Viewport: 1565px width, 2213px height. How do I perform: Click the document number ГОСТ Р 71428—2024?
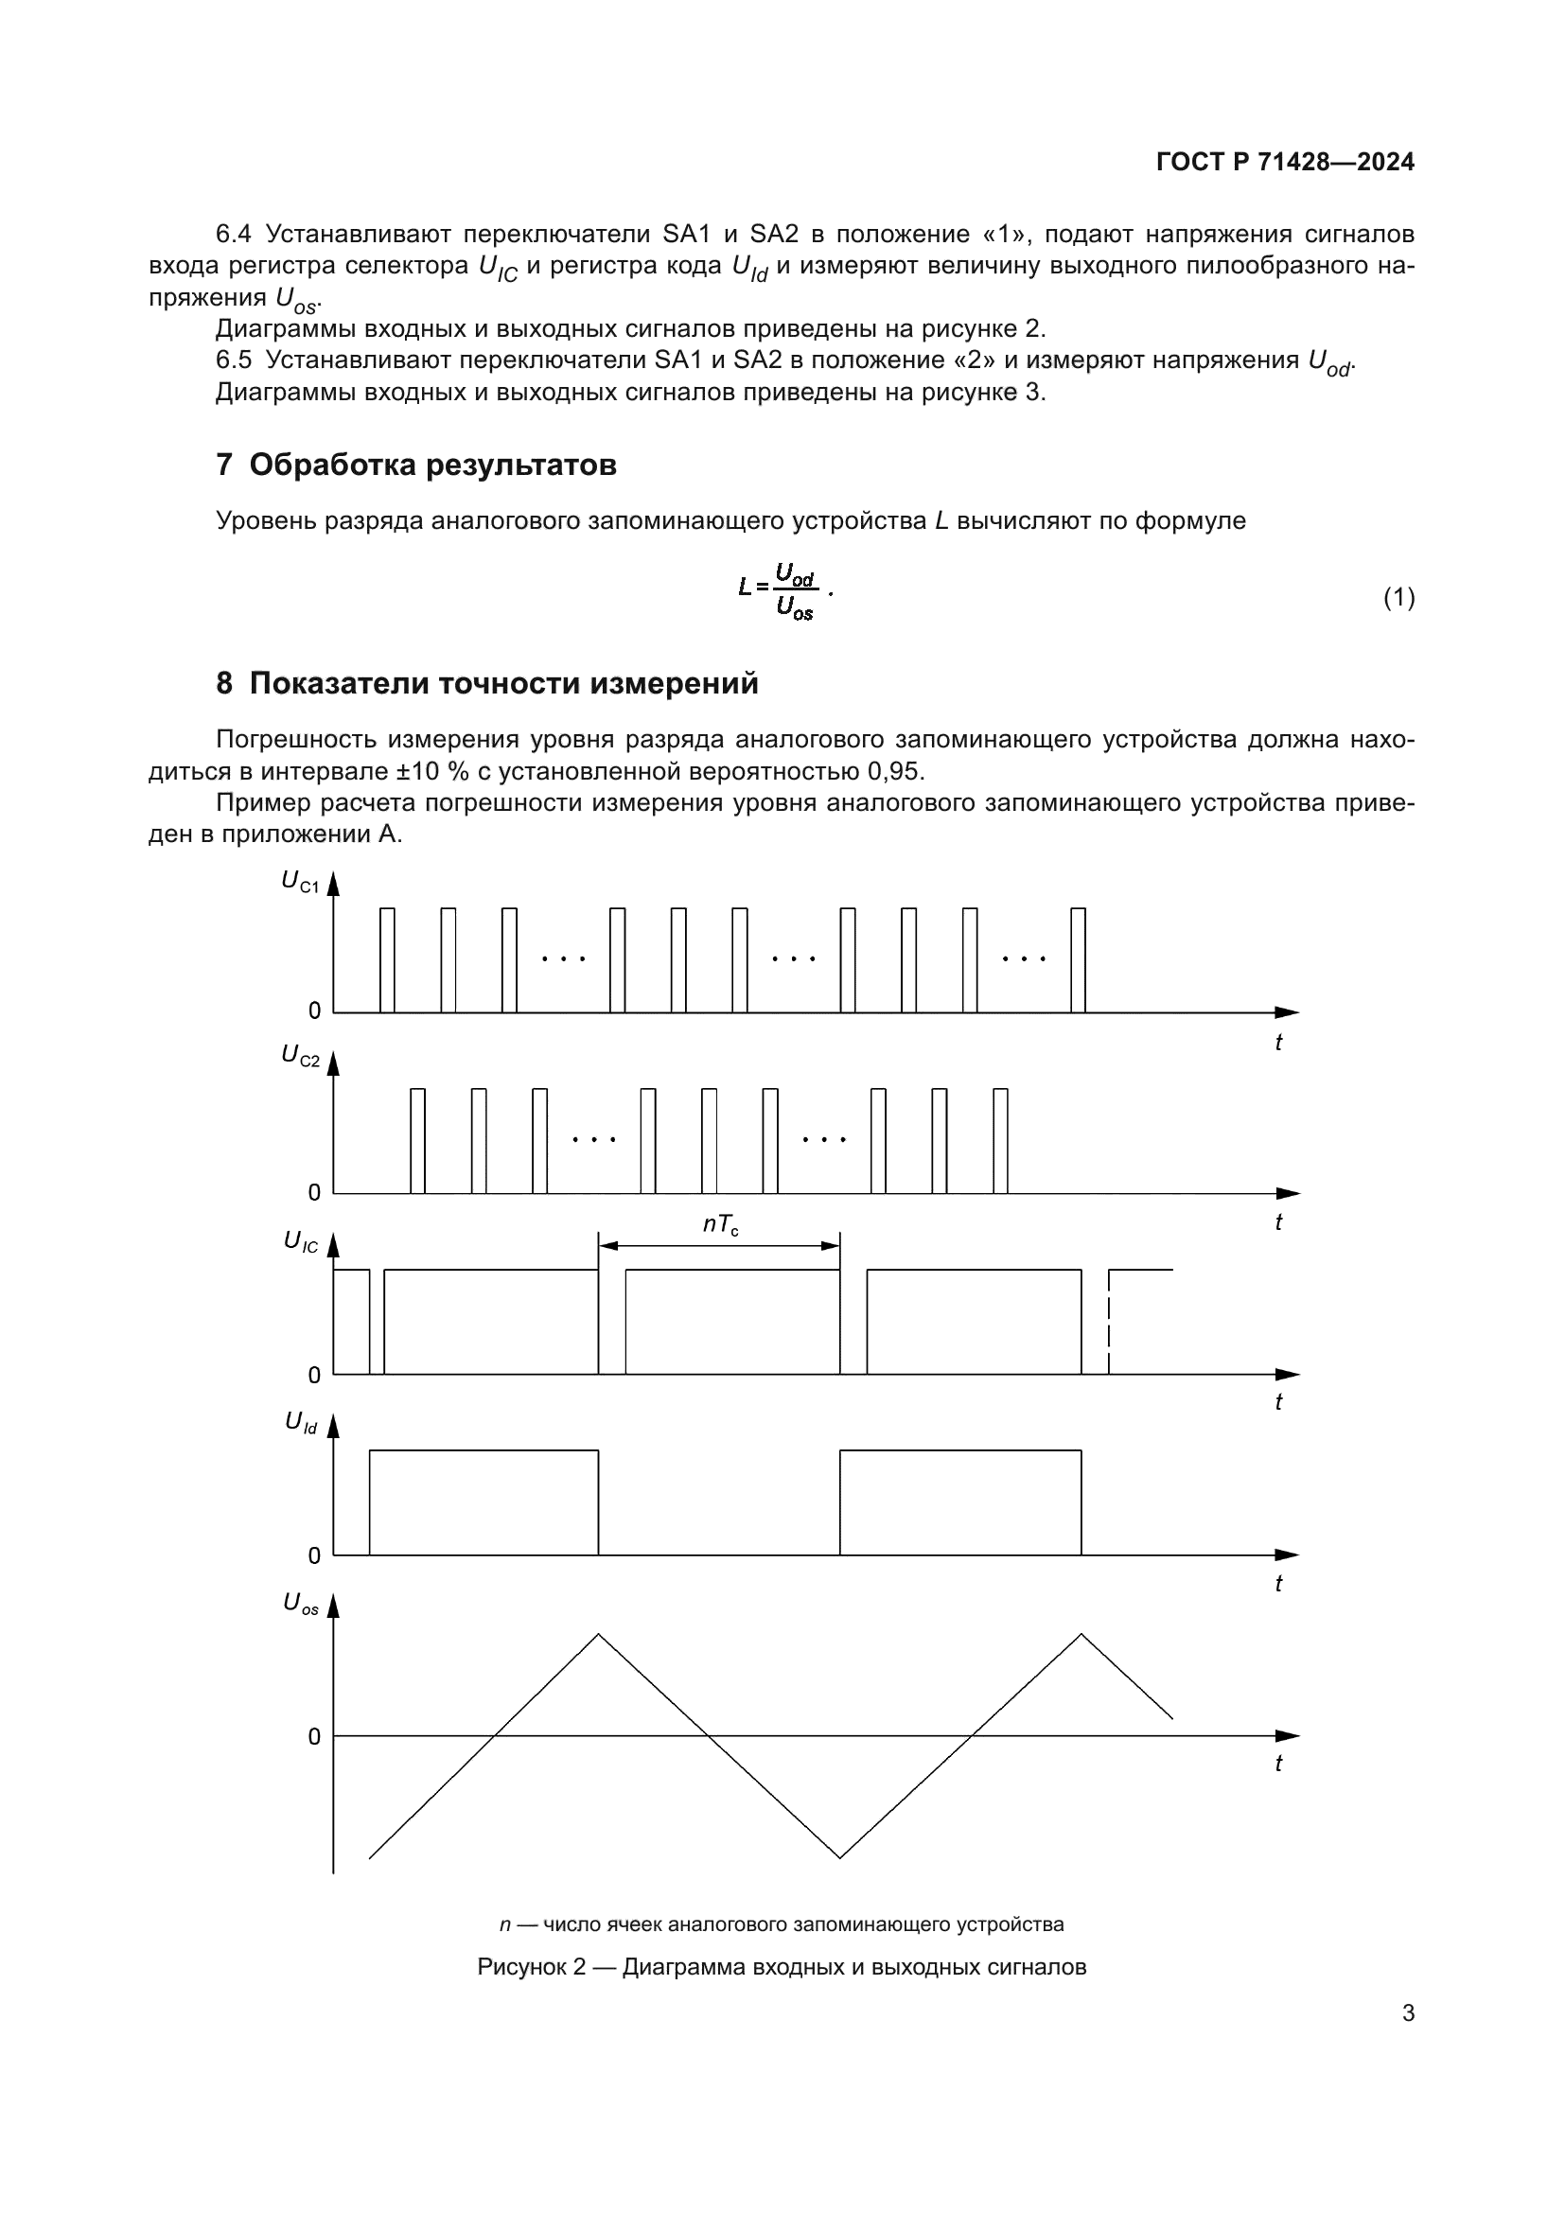[x=1285, y=162]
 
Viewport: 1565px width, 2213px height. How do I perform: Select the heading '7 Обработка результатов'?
[x=415, y=465]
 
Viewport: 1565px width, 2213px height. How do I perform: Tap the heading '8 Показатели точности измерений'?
[x=486, y=683]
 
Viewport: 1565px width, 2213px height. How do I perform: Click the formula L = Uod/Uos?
[x=782, y=591]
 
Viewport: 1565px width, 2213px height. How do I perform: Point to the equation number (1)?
[x=1398, y=598]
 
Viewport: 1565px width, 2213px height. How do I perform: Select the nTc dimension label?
[x=720, y=1225]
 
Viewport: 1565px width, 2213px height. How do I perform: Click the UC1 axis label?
[x=300, y=881]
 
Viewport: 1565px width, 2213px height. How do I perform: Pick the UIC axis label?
[x=300, y=1241]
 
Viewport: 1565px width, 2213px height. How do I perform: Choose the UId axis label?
[x=300, y=1422]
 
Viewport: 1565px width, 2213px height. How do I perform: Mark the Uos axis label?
[x=300, y=1603]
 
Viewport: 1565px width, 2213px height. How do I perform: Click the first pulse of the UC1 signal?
[x=387, y=960]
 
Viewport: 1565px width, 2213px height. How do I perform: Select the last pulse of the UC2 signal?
[x=1000, y=1141]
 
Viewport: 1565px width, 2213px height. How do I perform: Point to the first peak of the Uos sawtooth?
[x=598, y=1636]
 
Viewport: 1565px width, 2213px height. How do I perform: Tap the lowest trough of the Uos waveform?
[x=840, y=1856]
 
